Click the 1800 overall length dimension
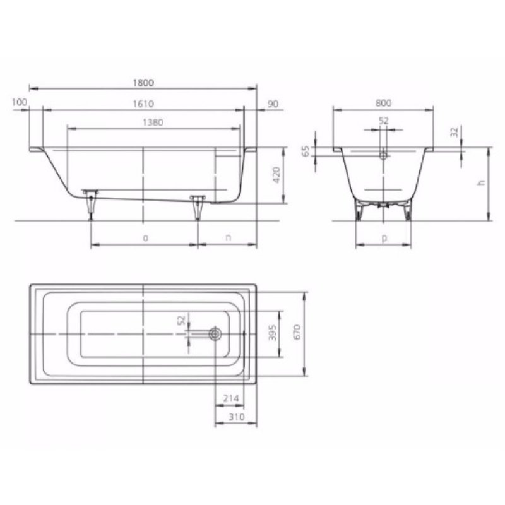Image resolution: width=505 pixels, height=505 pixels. [145, 82]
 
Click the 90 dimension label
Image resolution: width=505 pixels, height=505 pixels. [273, 104]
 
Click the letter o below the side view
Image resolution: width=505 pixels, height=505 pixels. [145, 238]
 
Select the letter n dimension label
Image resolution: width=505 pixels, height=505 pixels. [227, 238]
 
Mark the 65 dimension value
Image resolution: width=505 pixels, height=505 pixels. [306, 151]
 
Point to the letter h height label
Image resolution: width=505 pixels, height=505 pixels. [481, 183]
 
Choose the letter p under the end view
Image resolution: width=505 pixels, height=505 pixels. [384, 239]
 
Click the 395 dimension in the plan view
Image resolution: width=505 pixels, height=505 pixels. [273, 335]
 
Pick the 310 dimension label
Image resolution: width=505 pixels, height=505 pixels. [235, 417]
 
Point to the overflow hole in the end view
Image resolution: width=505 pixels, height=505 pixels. [383, 153]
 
